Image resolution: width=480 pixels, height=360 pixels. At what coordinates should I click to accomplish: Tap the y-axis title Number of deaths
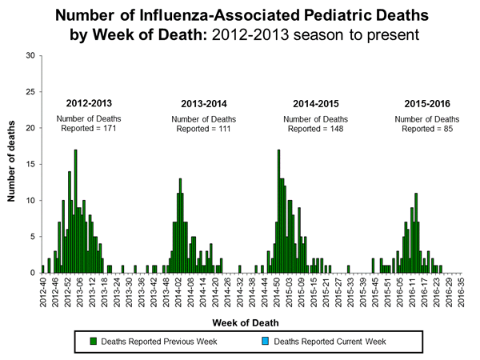pos(14,164)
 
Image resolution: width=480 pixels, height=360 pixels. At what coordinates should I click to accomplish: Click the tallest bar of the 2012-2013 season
pos(75,211)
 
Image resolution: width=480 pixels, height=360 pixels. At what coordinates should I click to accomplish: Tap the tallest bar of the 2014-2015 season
pos(278,211)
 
